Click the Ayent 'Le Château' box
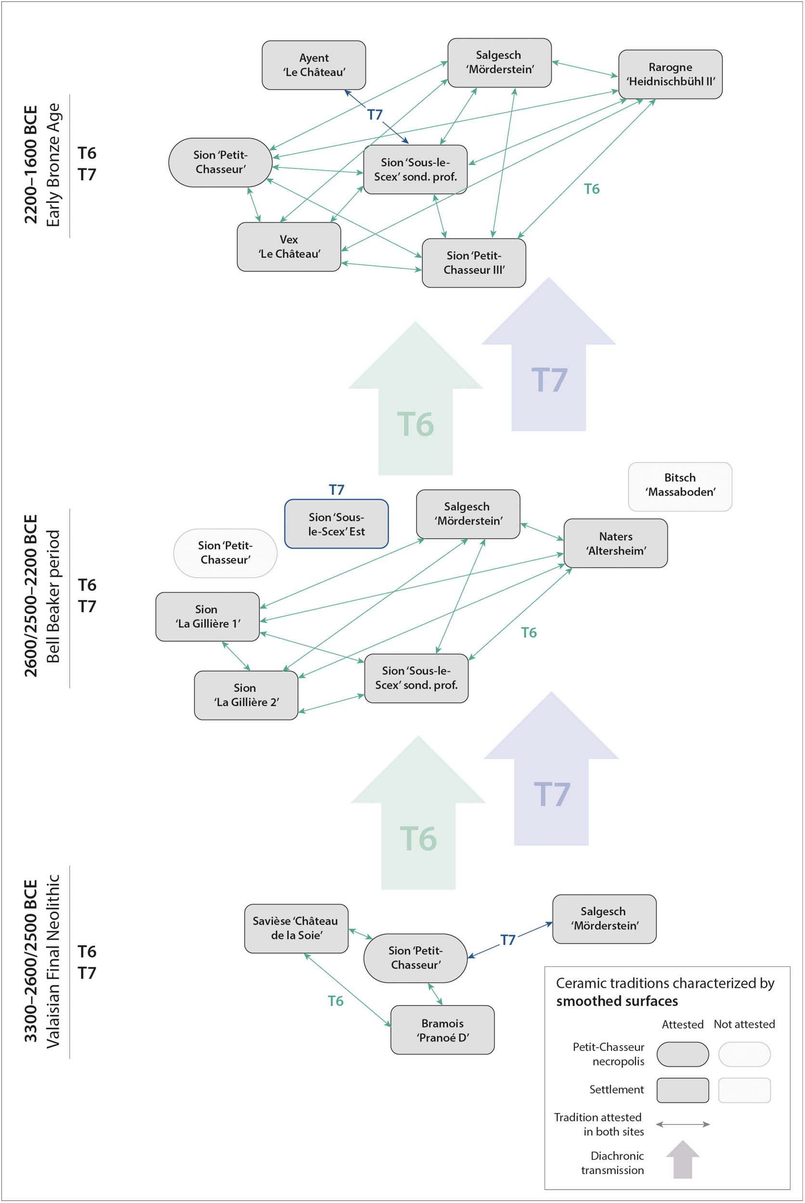[314, 65]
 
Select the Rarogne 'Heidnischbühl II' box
[670, 75]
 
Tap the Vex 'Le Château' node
[288, 247]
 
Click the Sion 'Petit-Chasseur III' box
[473, 263]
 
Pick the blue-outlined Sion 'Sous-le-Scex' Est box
[336, 524]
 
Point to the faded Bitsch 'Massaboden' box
[680, 485]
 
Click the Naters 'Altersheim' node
[616, 543]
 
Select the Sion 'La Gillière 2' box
[246, 695]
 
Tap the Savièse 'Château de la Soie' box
[296, 928]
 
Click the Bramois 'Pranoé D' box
[442, 1030]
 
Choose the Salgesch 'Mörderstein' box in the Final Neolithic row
[604, 919]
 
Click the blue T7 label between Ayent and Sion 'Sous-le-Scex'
[375, 115]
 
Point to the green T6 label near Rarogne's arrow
[591, 189]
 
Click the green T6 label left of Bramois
[335, 1001]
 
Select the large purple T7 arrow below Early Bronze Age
[548, 380]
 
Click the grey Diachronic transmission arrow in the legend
[683, 1161]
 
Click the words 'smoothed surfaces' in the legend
[617, 1001]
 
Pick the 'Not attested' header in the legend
[744, 1024]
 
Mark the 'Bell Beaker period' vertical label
[53, 597]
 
